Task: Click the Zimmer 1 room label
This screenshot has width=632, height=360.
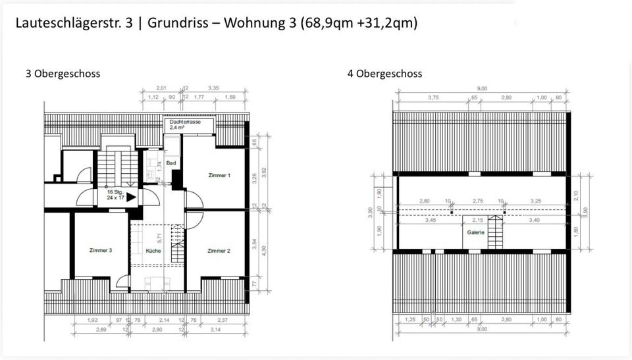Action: tap(219, 175)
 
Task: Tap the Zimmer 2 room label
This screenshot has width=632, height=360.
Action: tap(218, 251)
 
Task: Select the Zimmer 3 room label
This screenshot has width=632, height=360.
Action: tap(100, 251)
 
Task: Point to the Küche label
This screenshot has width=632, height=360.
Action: tap(153, 251)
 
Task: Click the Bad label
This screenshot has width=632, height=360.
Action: tap(171, 162)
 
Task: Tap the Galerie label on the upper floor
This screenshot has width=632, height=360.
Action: tap(476, 232)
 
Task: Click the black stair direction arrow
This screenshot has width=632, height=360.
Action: tap(131, 196)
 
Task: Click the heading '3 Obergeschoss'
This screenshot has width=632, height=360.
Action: tap(63, 74)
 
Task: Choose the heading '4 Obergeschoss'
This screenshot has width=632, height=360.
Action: tap(384, 74)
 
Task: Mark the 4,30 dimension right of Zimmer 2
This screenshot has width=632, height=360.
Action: tap(264, 251)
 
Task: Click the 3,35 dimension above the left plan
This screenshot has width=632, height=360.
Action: tap(213, 88)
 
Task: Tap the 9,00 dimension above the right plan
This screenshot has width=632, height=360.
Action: tap(483, 88)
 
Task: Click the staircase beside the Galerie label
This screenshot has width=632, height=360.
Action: tap(496, 232)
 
